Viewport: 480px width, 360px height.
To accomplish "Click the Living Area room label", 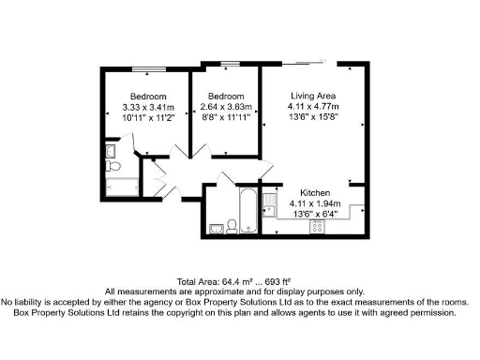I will coord(313,96).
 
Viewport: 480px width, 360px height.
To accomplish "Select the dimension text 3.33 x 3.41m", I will coord(149,108).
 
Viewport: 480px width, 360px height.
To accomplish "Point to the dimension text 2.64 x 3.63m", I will coord(226,108).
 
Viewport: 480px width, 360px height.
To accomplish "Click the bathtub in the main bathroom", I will coord(247,211).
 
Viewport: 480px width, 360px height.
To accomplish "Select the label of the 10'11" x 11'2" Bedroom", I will coord(149,97).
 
